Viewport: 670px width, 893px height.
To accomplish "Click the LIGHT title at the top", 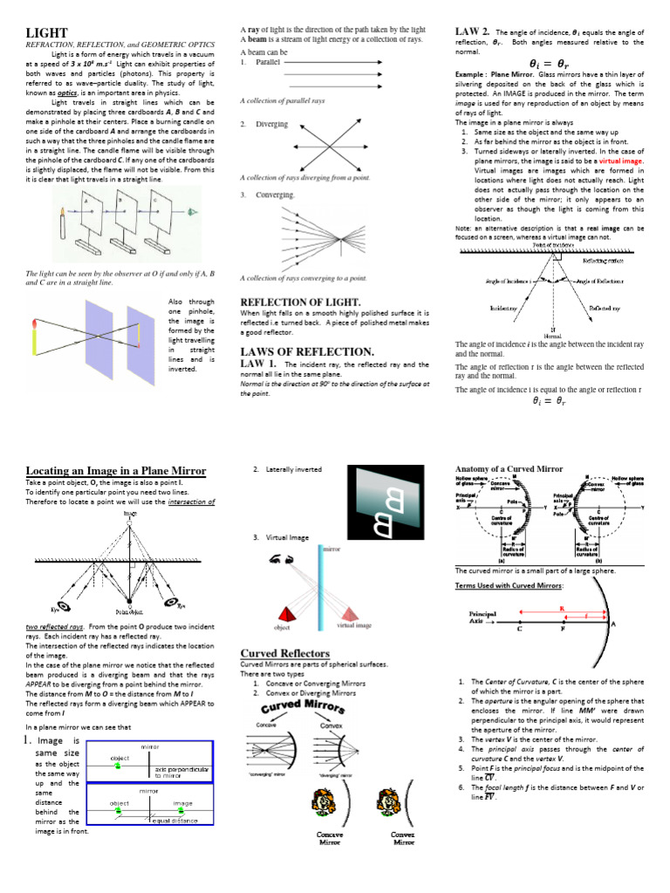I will [x=46, y=32].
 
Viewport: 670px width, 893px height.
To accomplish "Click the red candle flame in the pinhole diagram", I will [x=33, y=324].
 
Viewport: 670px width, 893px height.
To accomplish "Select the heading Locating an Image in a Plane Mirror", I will [x=116, y=471].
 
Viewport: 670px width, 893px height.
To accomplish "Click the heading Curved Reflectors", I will [x=284, y=652].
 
